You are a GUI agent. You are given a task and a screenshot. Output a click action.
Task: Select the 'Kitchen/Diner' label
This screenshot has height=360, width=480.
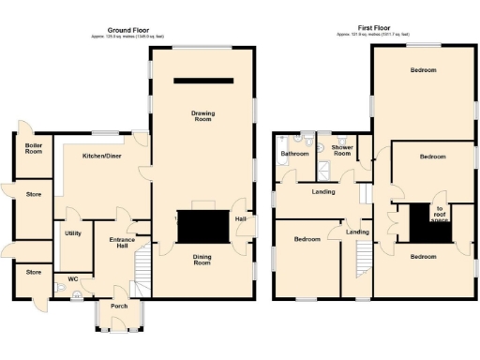[101, 156]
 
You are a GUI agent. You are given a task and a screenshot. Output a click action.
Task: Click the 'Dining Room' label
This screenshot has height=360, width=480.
[202, 259]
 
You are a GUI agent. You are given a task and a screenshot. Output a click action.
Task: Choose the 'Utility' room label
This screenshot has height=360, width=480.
[73, 232]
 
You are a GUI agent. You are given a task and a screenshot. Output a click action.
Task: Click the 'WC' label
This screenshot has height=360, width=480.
[73, 279]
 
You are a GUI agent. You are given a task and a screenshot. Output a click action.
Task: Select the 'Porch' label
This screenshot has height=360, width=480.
[119, 306]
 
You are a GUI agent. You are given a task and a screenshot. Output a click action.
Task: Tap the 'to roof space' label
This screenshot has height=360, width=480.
[438, 214]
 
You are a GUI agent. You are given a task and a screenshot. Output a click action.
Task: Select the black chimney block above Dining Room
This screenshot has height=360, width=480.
[203, 226]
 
